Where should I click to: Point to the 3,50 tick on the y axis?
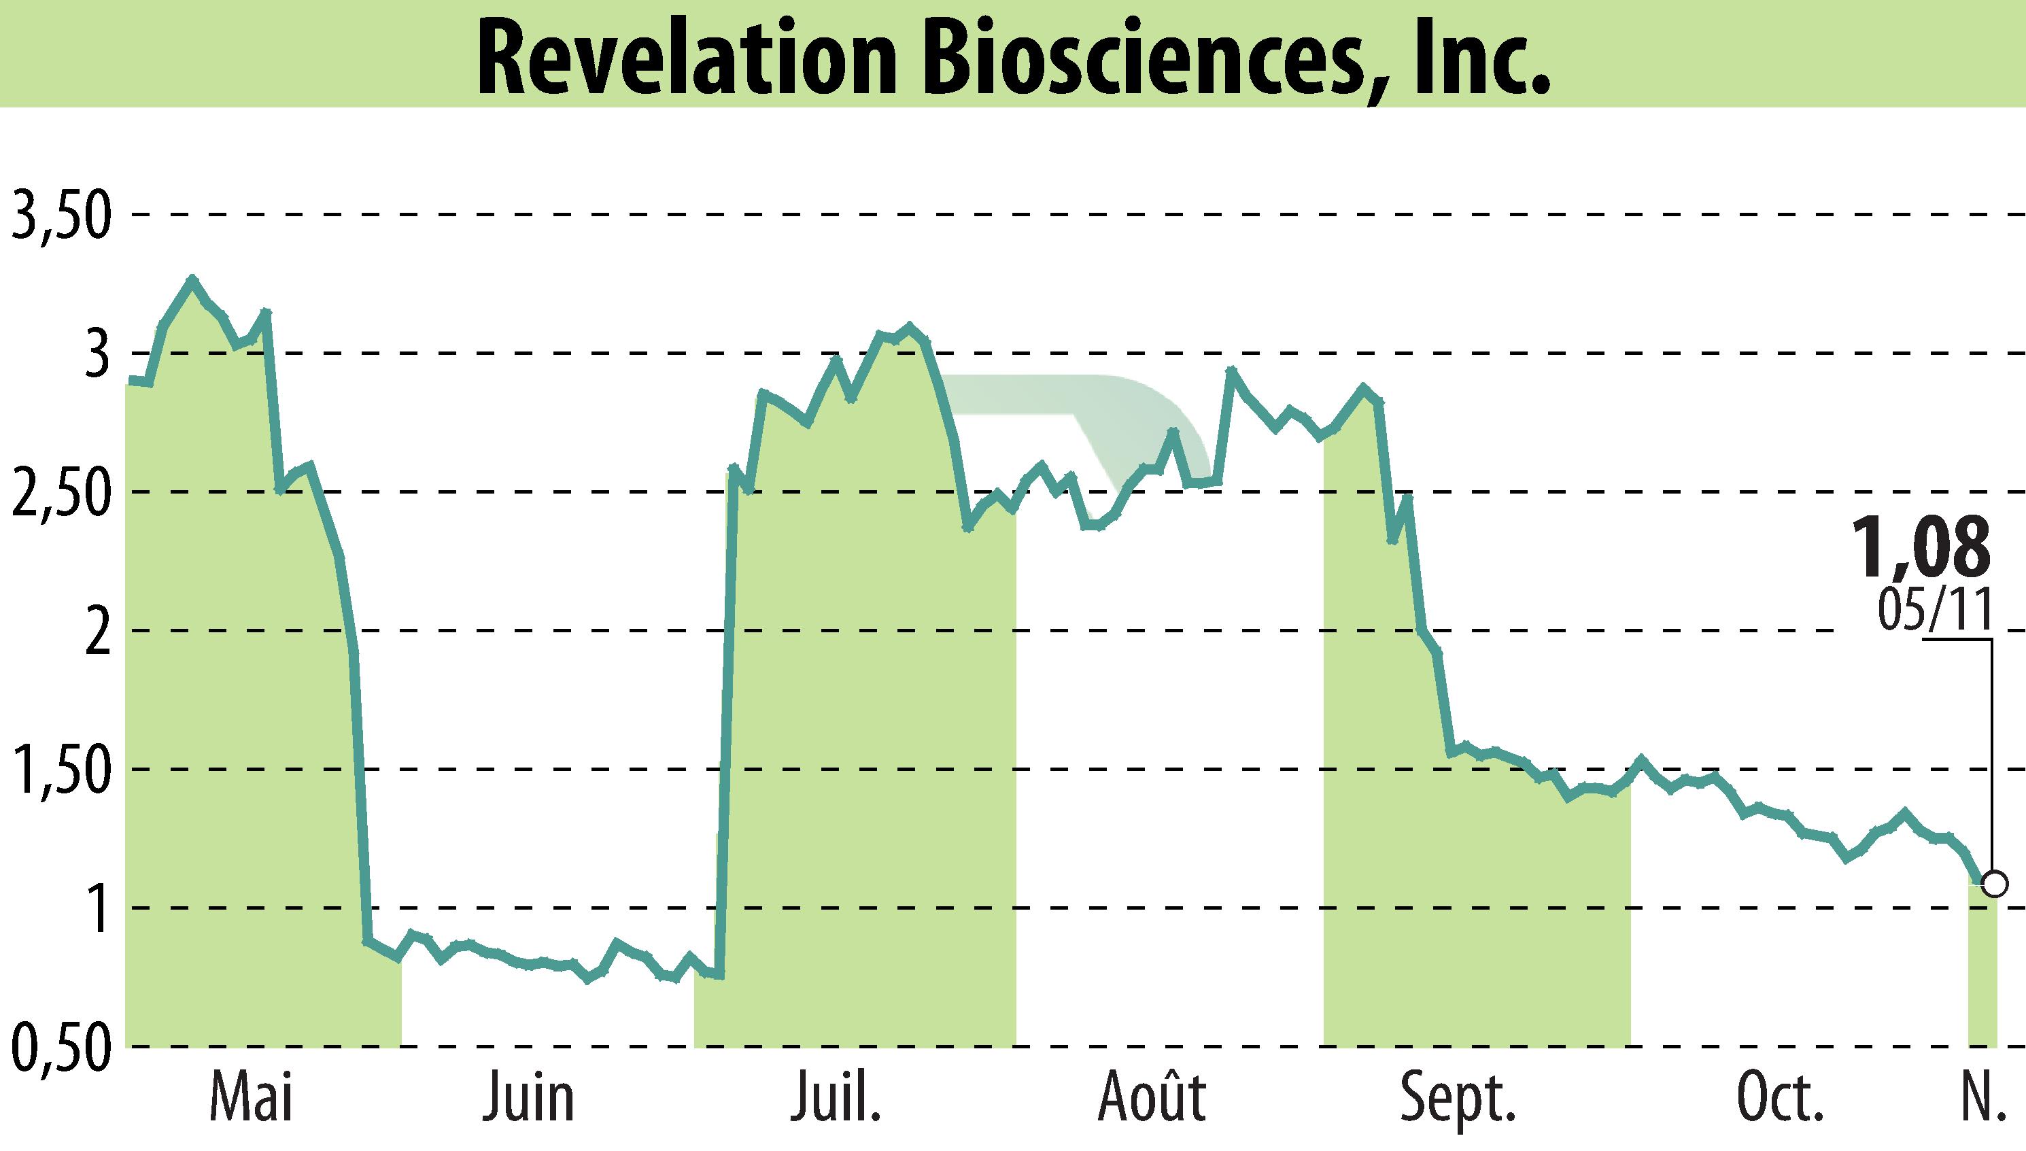pos(59,216)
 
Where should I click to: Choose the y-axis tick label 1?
pos(97,909)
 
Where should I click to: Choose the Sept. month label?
pos(1458,1099)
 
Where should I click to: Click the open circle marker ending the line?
pos(1993,883)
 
